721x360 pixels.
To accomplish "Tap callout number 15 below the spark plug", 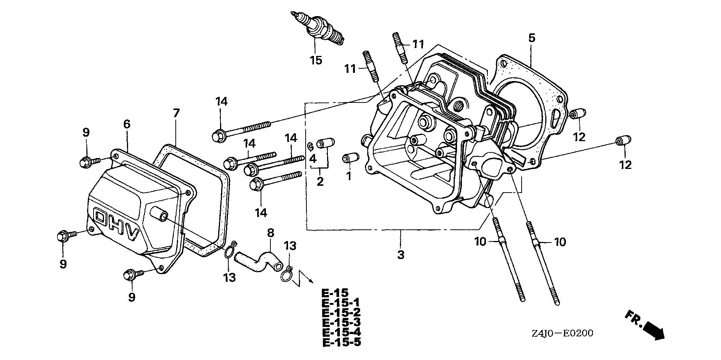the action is pyautogui.click(x=316, y=60).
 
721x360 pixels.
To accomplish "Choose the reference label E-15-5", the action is pyautogui.click(x=342, y=342).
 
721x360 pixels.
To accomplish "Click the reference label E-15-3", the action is pyautogui.click(x=342, y=322).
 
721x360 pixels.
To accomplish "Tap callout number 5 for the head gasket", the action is pyautogui.click(x=531, y=38).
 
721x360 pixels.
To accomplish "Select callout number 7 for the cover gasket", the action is pyautogui.click(x=176, y=113).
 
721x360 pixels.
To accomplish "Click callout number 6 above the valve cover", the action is pyautogui.click(x=127, y=124).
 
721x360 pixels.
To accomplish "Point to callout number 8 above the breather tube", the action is pyautogui.click(x=271, y=232).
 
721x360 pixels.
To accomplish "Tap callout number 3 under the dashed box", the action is pyautogui.click(x=401, y=255).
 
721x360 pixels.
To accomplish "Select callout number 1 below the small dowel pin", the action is pyautogui.click(x=348, y=176).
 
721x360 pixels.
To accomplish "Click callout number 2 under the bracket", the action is pyautogui.click(x=320, y=182).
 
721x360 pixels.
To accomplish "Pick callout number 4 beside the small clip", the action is pyautogui.click(x=313, y=158).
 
